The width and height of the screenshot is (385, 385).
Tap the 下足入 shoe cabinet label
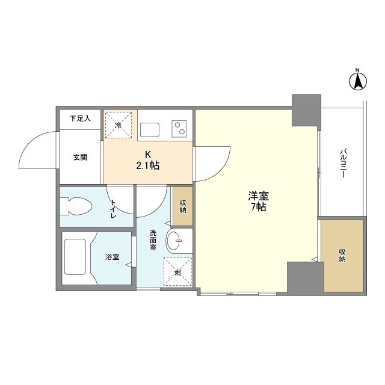(80, 119)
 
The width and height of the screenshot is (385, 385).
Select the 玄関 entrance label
(80, 157)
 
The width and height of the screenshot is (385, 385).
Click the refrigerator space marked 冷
(119, 125)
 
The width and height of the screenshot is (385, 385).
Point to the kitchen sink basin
(150, 130)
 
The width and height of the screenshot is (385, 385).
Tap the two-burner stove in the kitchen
(179, 129)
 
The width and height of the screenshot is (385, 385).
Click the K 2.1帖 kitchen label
(148, 161)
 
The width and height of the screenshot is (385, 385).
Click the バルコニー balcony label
(343, 163)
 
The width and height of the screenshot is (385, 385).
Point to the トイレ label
(113, 209)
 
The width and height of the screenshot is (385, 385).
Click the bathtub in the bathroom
(75, 257)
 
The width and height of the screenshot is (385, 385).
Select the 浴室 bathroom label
(112, 257)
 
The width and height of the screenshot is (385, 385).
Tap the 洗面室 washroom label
(153, 240)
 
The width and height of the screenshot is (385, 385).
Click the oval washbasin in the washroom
(174, 241)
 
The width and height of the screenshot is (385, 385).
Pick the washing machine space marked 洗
(177, 271)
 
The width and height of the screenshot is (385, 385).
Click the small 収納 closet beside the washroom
(183, 206)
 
